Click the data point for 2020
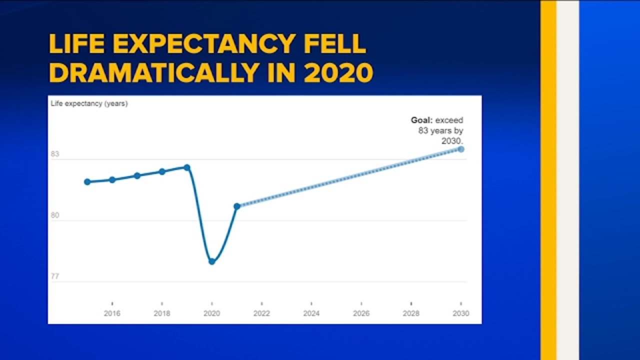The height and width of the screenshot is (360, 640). [x=212, y=261]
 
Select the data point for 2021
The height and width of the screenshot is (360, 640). [x=237, y=206]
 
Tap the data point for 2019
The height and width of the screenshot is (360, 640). [x=187, y=167]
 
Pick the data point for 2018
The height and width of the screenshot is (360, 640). [x=162, y=171]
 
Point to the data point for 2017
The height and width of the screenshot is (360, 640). [x=137, y=175]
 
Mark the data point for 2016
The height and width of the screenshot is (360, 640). [x=112, y=179]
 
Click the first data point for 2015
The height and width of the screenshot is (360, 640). [x=87, y=181]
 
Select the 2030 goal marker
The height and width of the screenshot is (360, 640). [x=461, y=149]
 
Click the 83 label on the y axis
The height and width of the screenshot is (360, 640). [x=55, y=154]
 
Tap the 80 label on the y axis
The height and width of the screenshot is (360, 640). [x=55, y=216]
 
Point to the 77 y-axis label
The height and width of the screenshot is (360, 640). [x=55, y=276]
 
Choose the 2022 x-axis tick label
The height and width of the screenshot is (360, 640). [x=261, y=313]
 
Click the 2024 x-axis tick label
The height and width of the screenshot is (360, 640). [x=311, y=313]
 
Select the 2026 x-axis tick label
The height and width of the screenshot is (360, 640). [x=361, y=313]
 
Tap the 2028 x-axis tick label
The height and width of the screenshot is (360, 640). [x=411, y=313]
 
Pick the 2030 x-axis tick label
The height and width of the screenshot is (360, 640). [x=461, y=313]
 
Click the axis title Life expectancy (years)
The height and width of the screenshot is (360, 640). [x=89, y=104]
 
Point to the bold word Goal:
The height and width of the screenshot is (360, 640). [x=421, y=120]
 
